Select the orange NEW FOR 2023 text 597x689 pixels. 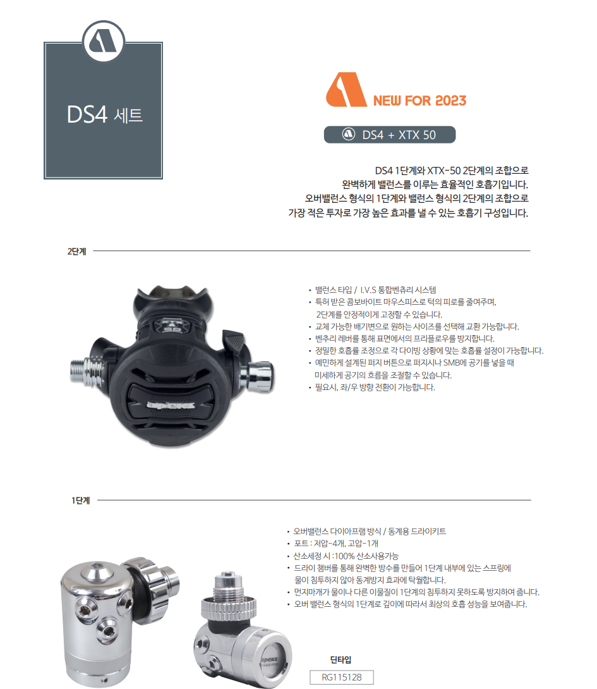pos(419,101)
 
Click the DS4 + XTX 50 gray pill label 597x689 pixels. pos(389,135)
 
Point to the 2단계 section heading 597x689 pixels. pos(76,251)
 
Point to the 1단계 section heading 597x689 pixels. pos(80,501)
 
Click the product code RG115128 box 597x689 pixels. pos(342,678)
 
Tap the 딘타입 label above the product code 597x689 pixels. pos(341,660)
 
